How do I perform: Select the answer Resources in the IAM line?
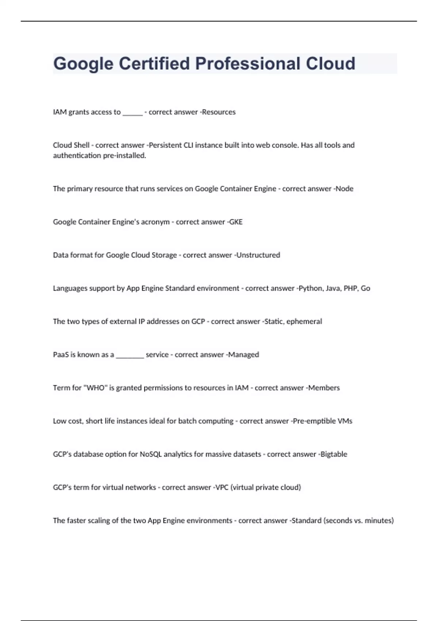(219, 112)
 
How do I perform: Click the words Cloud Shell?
(71, 145)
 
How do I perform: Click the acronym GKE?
(236, 222)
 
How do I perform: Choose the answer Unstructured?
(258, 255)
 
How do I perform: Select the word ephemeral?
(304, 321)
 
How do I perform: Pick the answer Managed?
(243, 355)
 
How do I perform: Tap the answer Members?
(324, 388)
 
